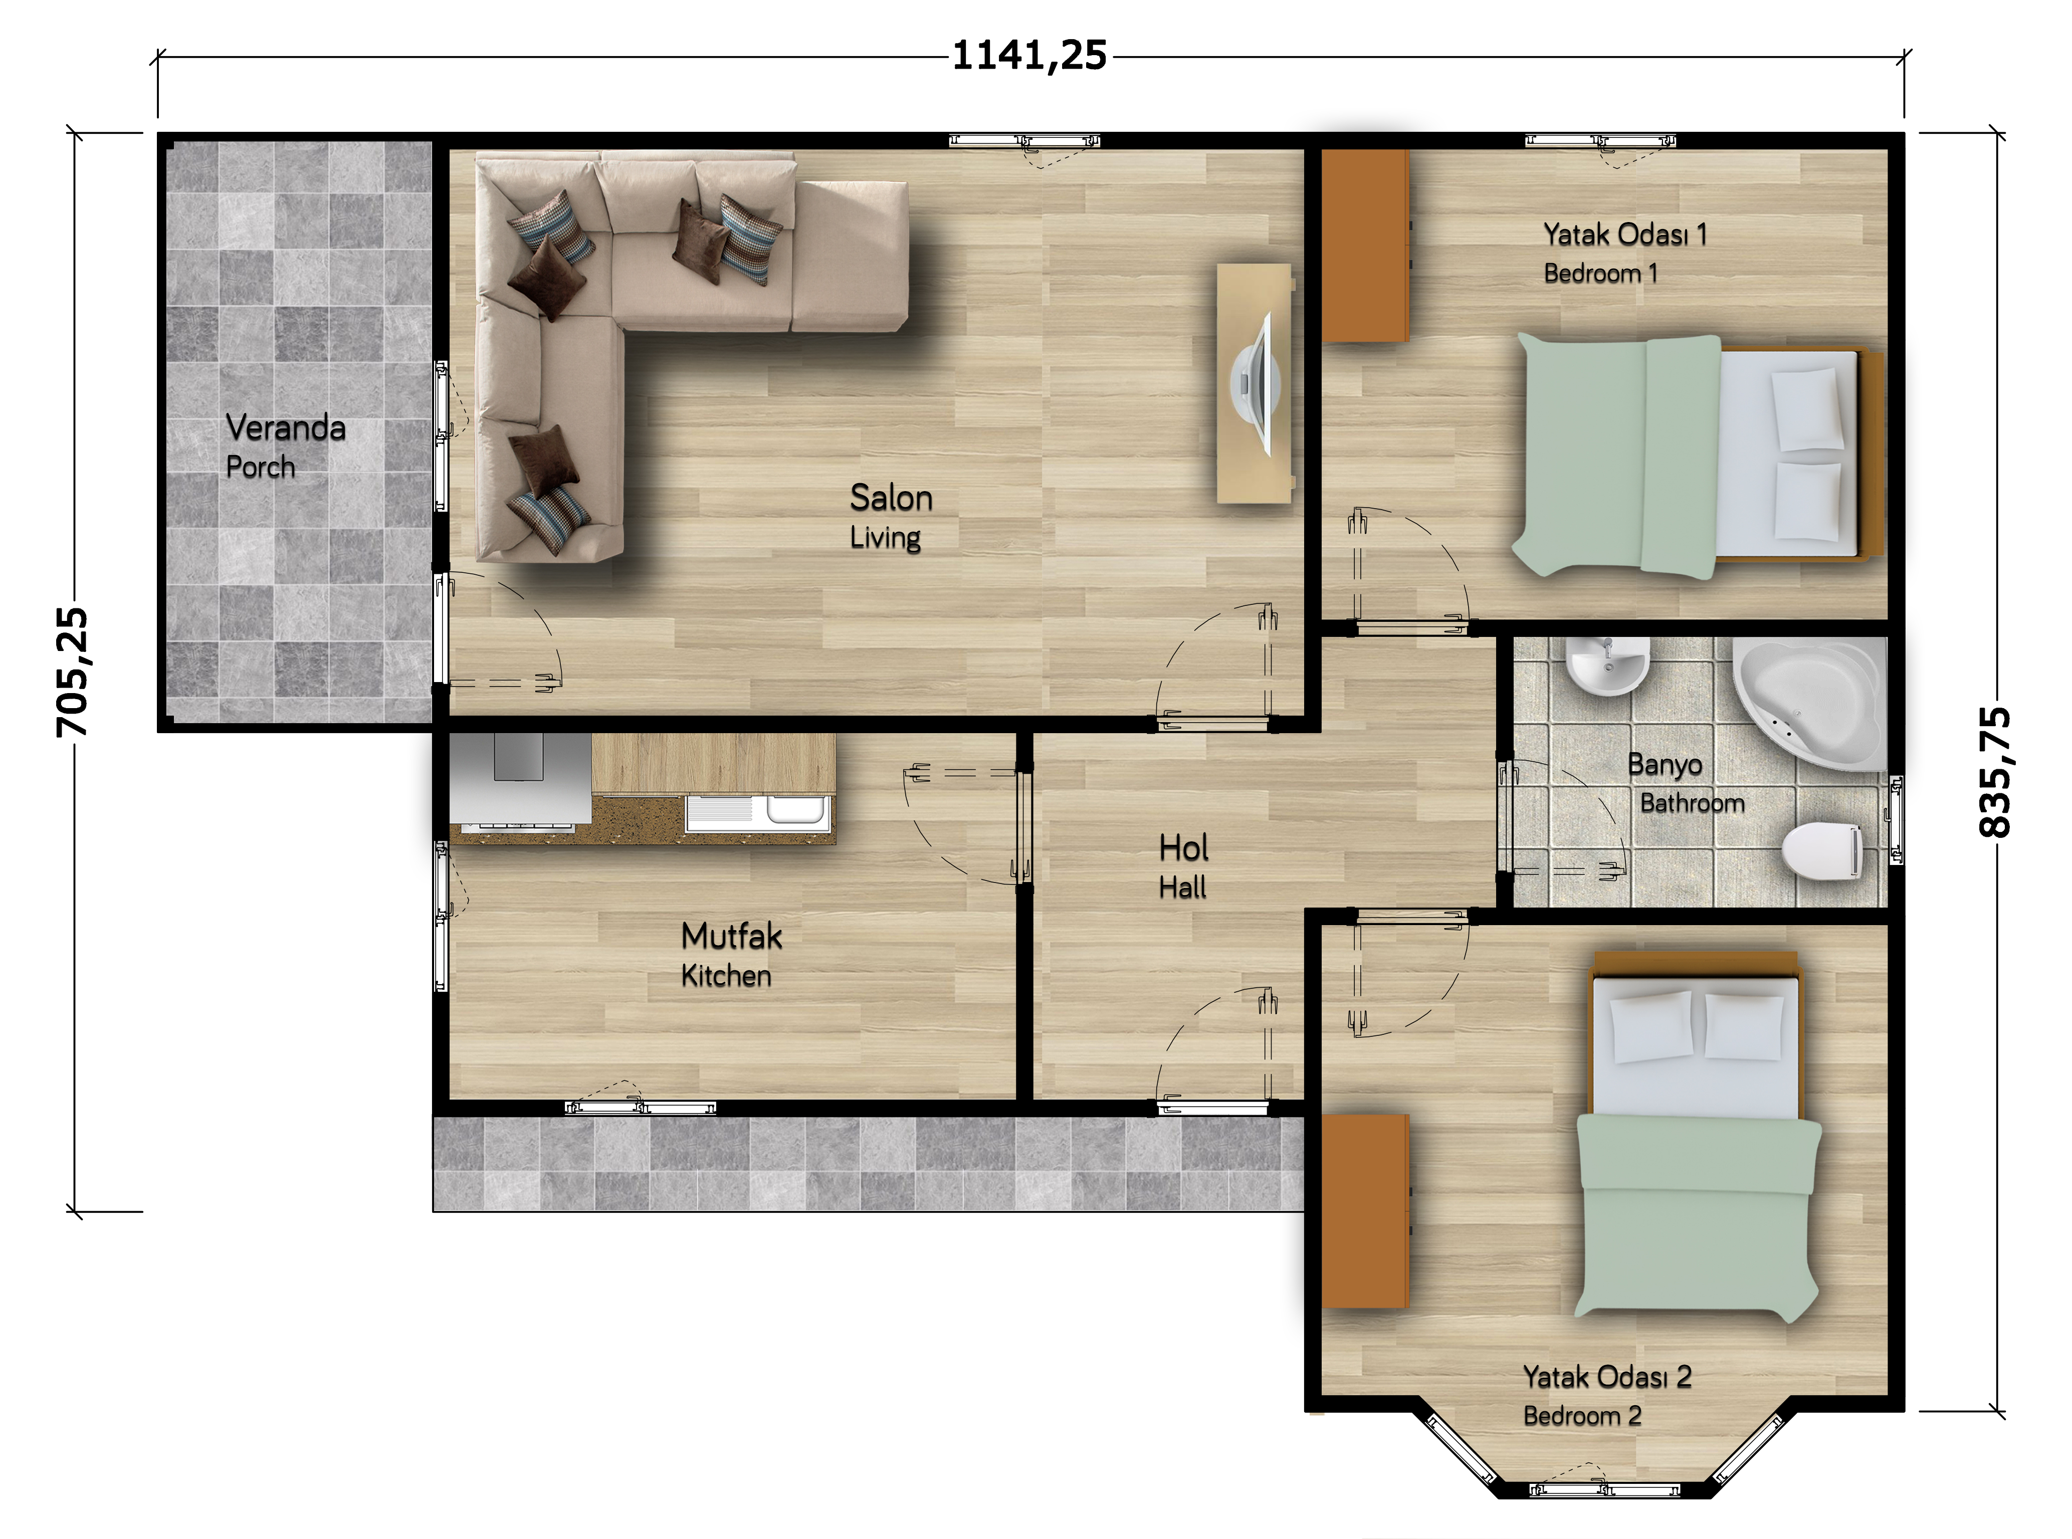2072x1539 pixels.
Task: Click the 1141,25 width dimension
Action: (1029, 56)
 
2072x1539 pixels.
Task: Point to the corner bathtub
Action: (1803, 699)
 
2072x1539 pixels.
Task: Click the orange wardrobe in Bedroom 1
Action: (1366, 246)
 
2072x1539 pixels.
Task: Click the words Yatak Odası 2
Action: (1607, 1378)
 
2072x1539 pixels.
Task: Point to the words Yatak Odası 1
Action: (1626, 235)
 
